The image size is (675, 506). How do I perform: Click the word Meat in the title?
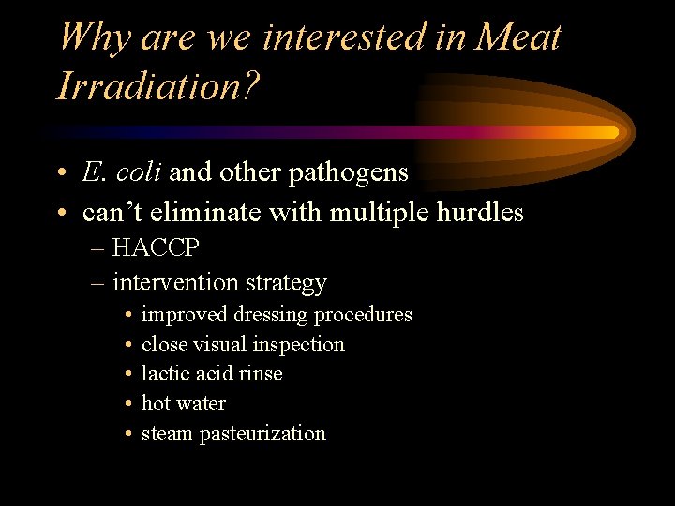point(518,37)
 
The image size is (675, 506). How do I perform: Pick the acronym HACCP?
point(155,248)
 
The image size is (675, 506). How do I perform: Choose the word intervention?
point(173,282)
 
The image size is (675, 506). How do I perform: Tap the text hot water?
point(183,404)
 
